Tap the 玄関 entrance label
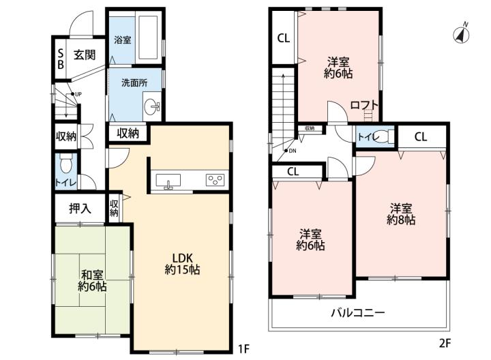[x=85, y=55]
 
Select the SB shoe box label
[x=61, y=59]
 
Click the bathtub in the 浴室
[x=148, y=37]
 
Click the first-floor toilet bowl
[x=65, y=163]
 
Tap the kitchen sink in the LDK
[x=168, y=181]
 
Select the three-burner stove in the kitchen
[x=215, y=180]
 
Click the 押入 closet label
[x=80, y=208]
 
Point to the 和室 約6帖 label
[x=92, y=280]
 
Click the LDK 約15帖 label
[x=182, y=264]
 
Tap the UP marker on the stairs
[x=76, y=94]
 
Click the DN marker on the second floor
[x=291, y=151]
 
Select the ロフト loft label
[x=364, y=105]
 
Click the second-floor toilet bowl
[x=381, y=137]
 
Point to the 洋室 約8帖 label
[x=401, y=214]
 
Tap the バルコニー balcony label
[x=358, y=312]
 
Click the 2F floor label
[x=445, y=344]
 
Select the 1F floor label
[x=243, y=348]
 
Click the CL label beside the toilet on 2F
[x=421, y=137]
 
